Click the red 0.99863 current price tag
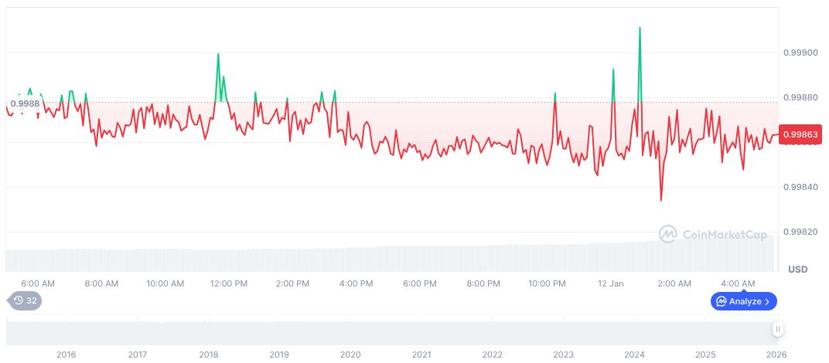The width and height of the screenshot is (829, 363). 800,134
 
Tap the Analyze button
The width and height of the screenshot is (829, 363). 744,301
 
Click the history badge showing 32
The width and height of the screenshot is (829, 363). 25,301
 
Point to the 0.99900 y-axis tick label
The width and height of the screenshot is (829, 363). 799,53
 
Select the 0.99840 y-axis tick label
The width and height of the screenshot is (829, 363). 799,187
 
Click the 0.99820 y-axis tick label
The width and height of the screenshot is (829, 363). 799,232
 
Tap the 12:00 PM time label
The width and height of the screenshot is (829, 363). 228,283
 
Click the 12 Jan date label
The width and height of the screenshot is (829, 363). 611,283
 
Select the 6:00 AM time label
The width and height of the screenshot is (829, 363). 38,283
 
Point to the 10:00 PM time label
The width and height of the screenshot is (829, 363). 548,283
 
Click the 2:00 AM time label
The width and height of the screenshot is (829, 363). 674,283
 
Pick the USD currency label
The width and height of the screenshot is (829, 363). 797,269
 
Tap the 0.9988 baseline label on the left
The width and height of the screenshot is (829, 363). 25,103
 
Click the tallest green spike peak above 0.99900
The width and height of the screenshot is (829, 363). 640,28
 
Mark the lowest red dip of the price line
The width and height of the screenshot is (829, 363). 660,200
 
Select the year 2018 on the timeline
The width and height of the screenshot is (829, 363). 208,355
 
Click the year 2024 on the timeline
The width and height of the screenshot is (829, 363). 634,355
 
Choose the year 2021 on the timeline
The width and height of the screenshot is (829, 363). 421,355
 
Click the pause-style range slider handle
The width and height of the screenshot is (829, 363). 778,329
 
